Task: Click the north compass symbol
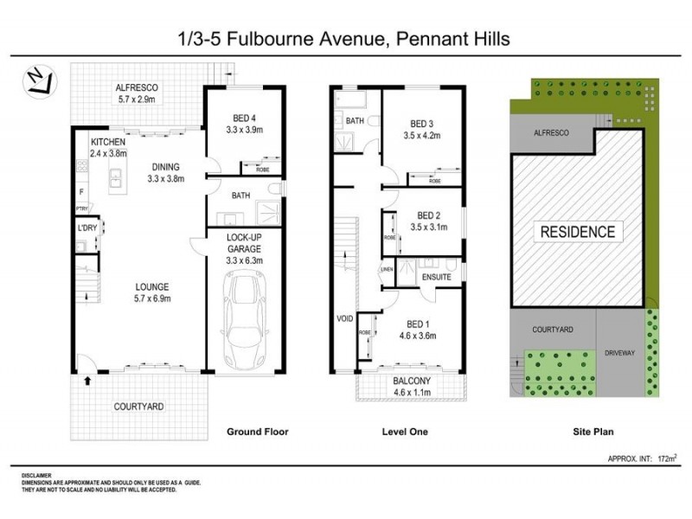[36, 80]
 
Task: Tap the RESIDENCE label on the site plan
[578, 232]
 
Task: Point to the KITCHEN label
[108, 142]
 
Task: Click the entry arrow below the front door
[86, 379]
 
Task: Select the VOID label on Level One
[344, 318]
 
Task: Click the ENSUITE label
[437, 278]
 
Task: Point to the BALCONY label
[411, 381]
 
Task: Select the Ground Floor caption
[257, 432]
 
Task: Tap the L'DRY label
[86, 227]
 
